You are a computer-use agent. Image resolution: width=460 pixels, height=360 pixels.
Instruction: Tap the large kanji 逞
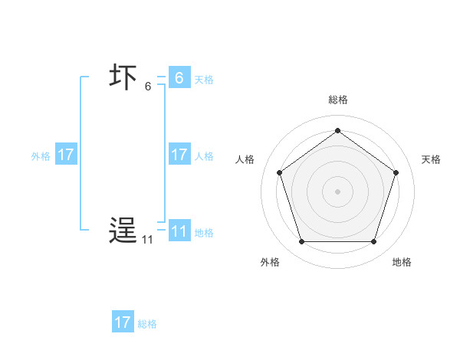coord(123,231)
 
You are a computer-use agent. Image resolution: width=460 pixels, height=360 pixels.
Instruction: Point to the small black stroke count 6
coord(148,87)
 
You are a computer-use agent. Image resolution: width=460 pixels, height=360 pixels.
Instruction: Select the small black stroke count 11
coord(146,240)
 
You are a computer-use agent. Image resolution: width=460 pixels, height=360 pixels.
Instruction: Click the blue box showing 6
coord(179,77)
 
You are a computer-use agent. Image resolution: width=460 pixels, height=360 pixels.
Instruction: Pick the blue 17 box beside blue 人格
coord(179,155)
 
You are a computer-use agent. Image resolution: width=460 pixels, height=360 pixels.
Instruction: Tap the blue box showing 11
coord(179,231)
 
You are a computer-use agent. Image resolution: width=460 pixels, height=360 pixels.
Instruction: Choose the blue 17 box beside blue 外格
coord(66,155)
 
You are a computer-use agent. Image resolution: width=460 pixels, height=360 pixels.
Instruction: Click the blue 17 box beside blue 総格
coord(123,322)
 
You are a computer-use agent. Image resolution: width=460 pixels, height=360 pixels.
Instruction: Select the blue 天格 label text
coord(204,79)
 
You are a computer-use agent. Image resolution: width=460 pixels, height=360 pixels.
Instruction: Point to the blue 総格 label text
coord(147,324)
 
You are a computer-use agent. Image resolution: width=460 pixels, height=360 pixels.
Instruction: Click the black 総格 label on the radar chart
coord(337,100)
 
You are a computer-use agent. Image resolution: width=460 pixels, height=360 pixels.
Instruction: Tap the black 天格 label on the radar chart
coord(432,159)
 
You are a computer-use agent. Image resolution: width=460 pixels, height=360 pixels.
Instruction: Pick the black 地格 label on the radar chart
coord(402,262)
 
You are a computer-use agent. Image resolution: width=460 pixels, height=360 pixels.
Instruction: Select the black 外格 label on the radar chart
coord(270,262)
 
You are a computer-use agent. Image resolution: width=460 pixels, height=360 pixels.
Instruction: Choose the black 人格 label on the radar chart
coord(245,159)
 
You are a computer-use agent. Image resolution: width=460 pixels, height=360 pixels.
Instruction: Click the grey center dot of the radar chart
coord(337,191)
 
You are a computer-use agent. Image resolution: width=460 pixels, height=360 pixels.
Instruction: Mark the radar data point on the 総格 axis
coord(337,130)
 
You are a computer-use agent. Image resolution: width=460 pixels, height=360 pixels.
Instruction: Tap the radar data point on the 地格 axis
coord(373,242)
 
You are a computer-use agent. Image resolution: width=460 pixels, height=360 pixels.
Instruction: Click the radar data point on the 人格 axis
coord(279,172)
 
